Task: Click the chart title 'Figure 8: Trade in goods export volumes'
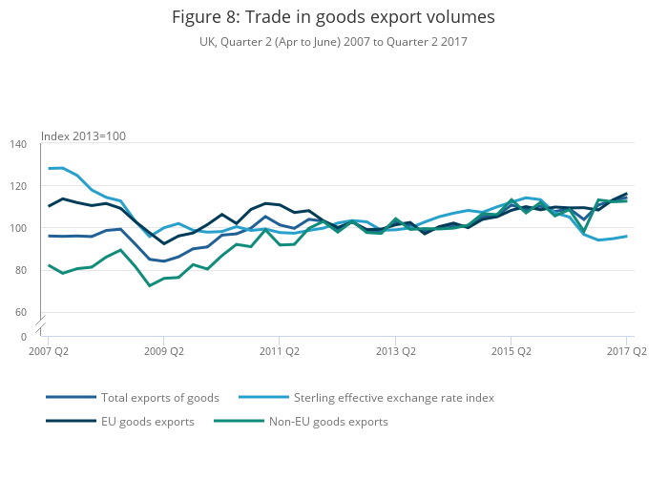[x=333, y=17]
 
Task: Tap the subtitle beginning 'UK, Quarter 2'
[x=333, y=42]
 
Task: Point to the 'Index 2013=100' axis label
[x=83, y=136]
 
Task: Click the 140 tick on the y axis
[x=19, y=144]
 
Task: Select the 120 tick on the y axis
[x=19, y=186]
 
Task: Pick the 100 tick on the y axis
[x=19, y=228]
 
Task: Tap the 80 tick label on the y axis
[x=22, y=270]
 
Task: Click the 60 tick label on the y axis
[x=22, y=312]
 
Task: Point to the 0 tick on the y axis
[x=25, y=337]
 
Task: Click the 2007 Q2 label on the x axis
[x=48, y=351]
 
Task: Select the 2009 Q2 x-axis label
[x=163, y=351]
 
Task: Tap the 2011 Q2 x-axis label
[x=279, y=351]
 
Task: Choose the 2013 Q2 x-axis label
[x=395, y=351]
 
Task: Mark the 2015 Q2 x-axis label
[x=511, y=351]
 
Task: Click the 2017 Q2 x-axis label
[x=626, y=351]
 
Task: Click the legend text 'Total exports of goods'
[x=160, y=398]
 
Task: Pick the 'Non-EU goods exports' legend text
[x=328, y=422]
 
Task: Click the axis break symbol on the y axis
[x=41, y=324]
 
